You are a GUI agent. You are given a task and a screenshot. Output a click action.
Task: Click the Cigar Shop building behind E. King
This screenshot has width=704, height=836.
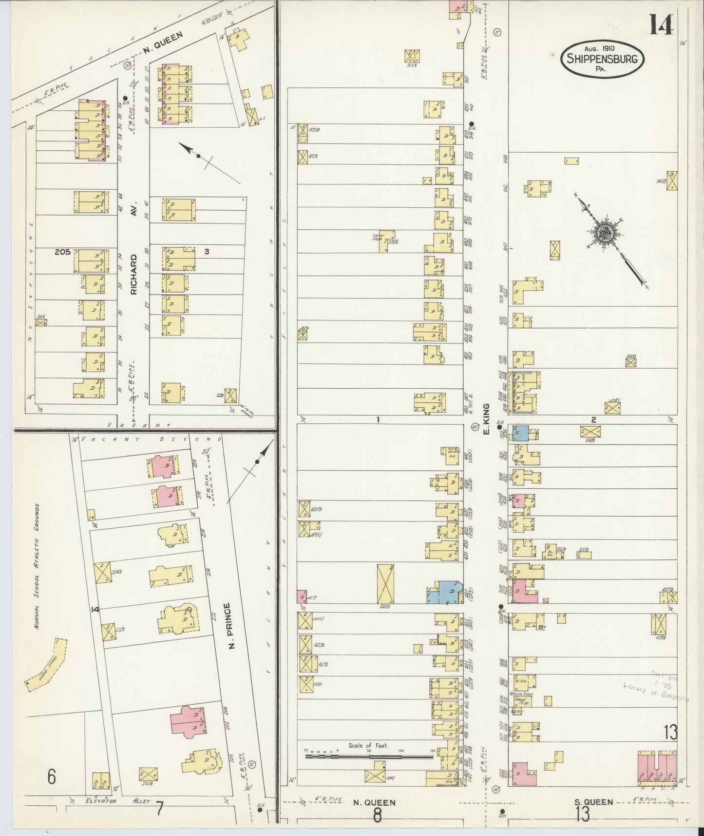(387, 241)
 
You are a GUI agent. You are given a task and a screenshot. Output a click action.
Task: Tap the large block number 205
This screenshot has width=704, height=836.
(62, 252)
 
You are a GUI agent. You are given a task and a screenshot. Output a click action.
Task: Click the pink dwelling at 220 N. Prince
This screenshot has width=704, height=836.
(163, 467)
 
